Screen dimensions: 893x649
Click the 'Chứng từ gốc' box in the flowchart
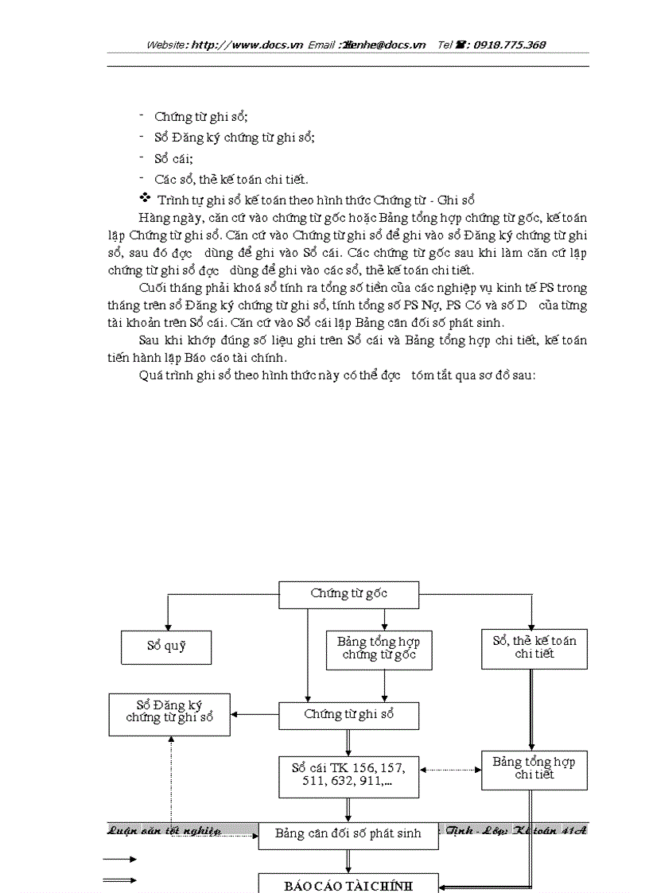pos(348,594)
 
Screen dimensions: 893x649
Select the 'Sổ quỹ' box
pos(166,646)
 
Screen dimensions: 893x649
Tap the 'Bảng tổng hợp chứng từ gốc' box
pos(379,648)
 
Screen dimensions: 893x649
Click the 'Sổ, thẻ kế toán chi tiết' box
pos(534,648)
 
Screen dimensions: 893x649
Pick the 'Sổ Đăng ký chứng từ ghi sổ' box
pos(169,712)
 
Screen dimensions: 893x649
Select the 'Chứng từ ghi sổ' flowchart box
pos(348,715)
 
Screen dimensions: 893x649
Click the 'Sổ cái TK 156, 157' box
pos(348,775)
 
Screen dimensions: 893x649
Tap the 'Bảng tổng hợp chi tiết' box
pos(534,769)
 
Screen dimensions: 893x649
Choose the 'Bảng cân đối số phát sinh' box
pos(348,835)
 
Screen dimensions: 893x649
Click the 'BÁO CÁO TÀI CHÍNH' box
pos(348,884)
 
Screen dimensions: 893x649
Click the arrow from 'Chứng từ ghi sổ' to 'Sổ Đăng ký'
pos(255,714)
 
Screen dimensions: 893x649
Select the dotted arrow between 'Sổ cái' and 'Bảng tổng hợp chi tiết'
pos(450,770)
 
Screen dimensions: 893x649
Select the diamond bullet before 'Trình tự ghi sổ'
pos(145,198)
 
